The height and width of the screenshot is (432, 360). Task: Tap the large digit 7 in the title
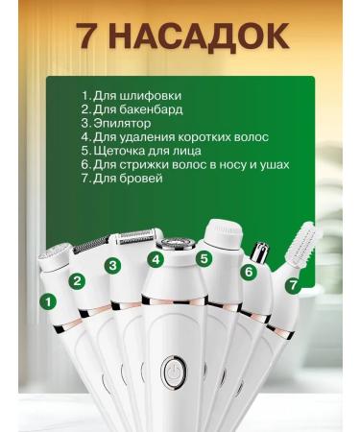[91, 36]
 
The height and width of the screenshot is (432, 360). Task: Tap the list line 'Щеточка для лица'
[153, 151]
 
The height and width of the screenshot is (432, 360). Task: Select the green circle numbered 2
[78, 281]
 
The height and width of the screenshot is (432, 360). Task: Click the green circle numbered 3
[113, 265]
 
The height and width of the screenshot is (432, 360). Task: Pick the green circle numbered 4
[155, 259]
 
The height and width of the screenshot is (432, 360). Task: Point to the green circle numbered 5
[204, 258]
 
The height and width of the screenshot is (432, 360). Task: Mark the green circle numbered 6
[248, 272]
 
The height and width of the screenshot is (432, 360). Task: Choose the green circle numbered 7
[294, 284]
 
